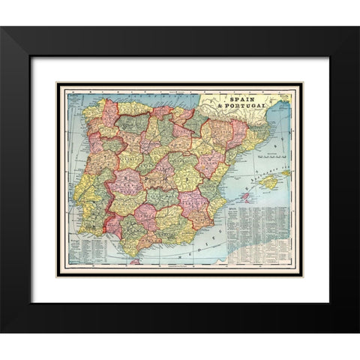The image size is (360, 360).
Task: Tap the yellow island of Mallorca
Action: [268, 181]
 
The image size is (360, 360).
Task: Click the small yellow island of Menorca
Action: [289, 169]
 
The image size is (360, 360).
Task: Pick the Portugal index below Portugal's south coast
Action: [84, 247]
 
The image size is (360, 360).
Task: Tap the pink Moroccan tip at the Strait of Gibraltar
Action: [136, 260]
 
